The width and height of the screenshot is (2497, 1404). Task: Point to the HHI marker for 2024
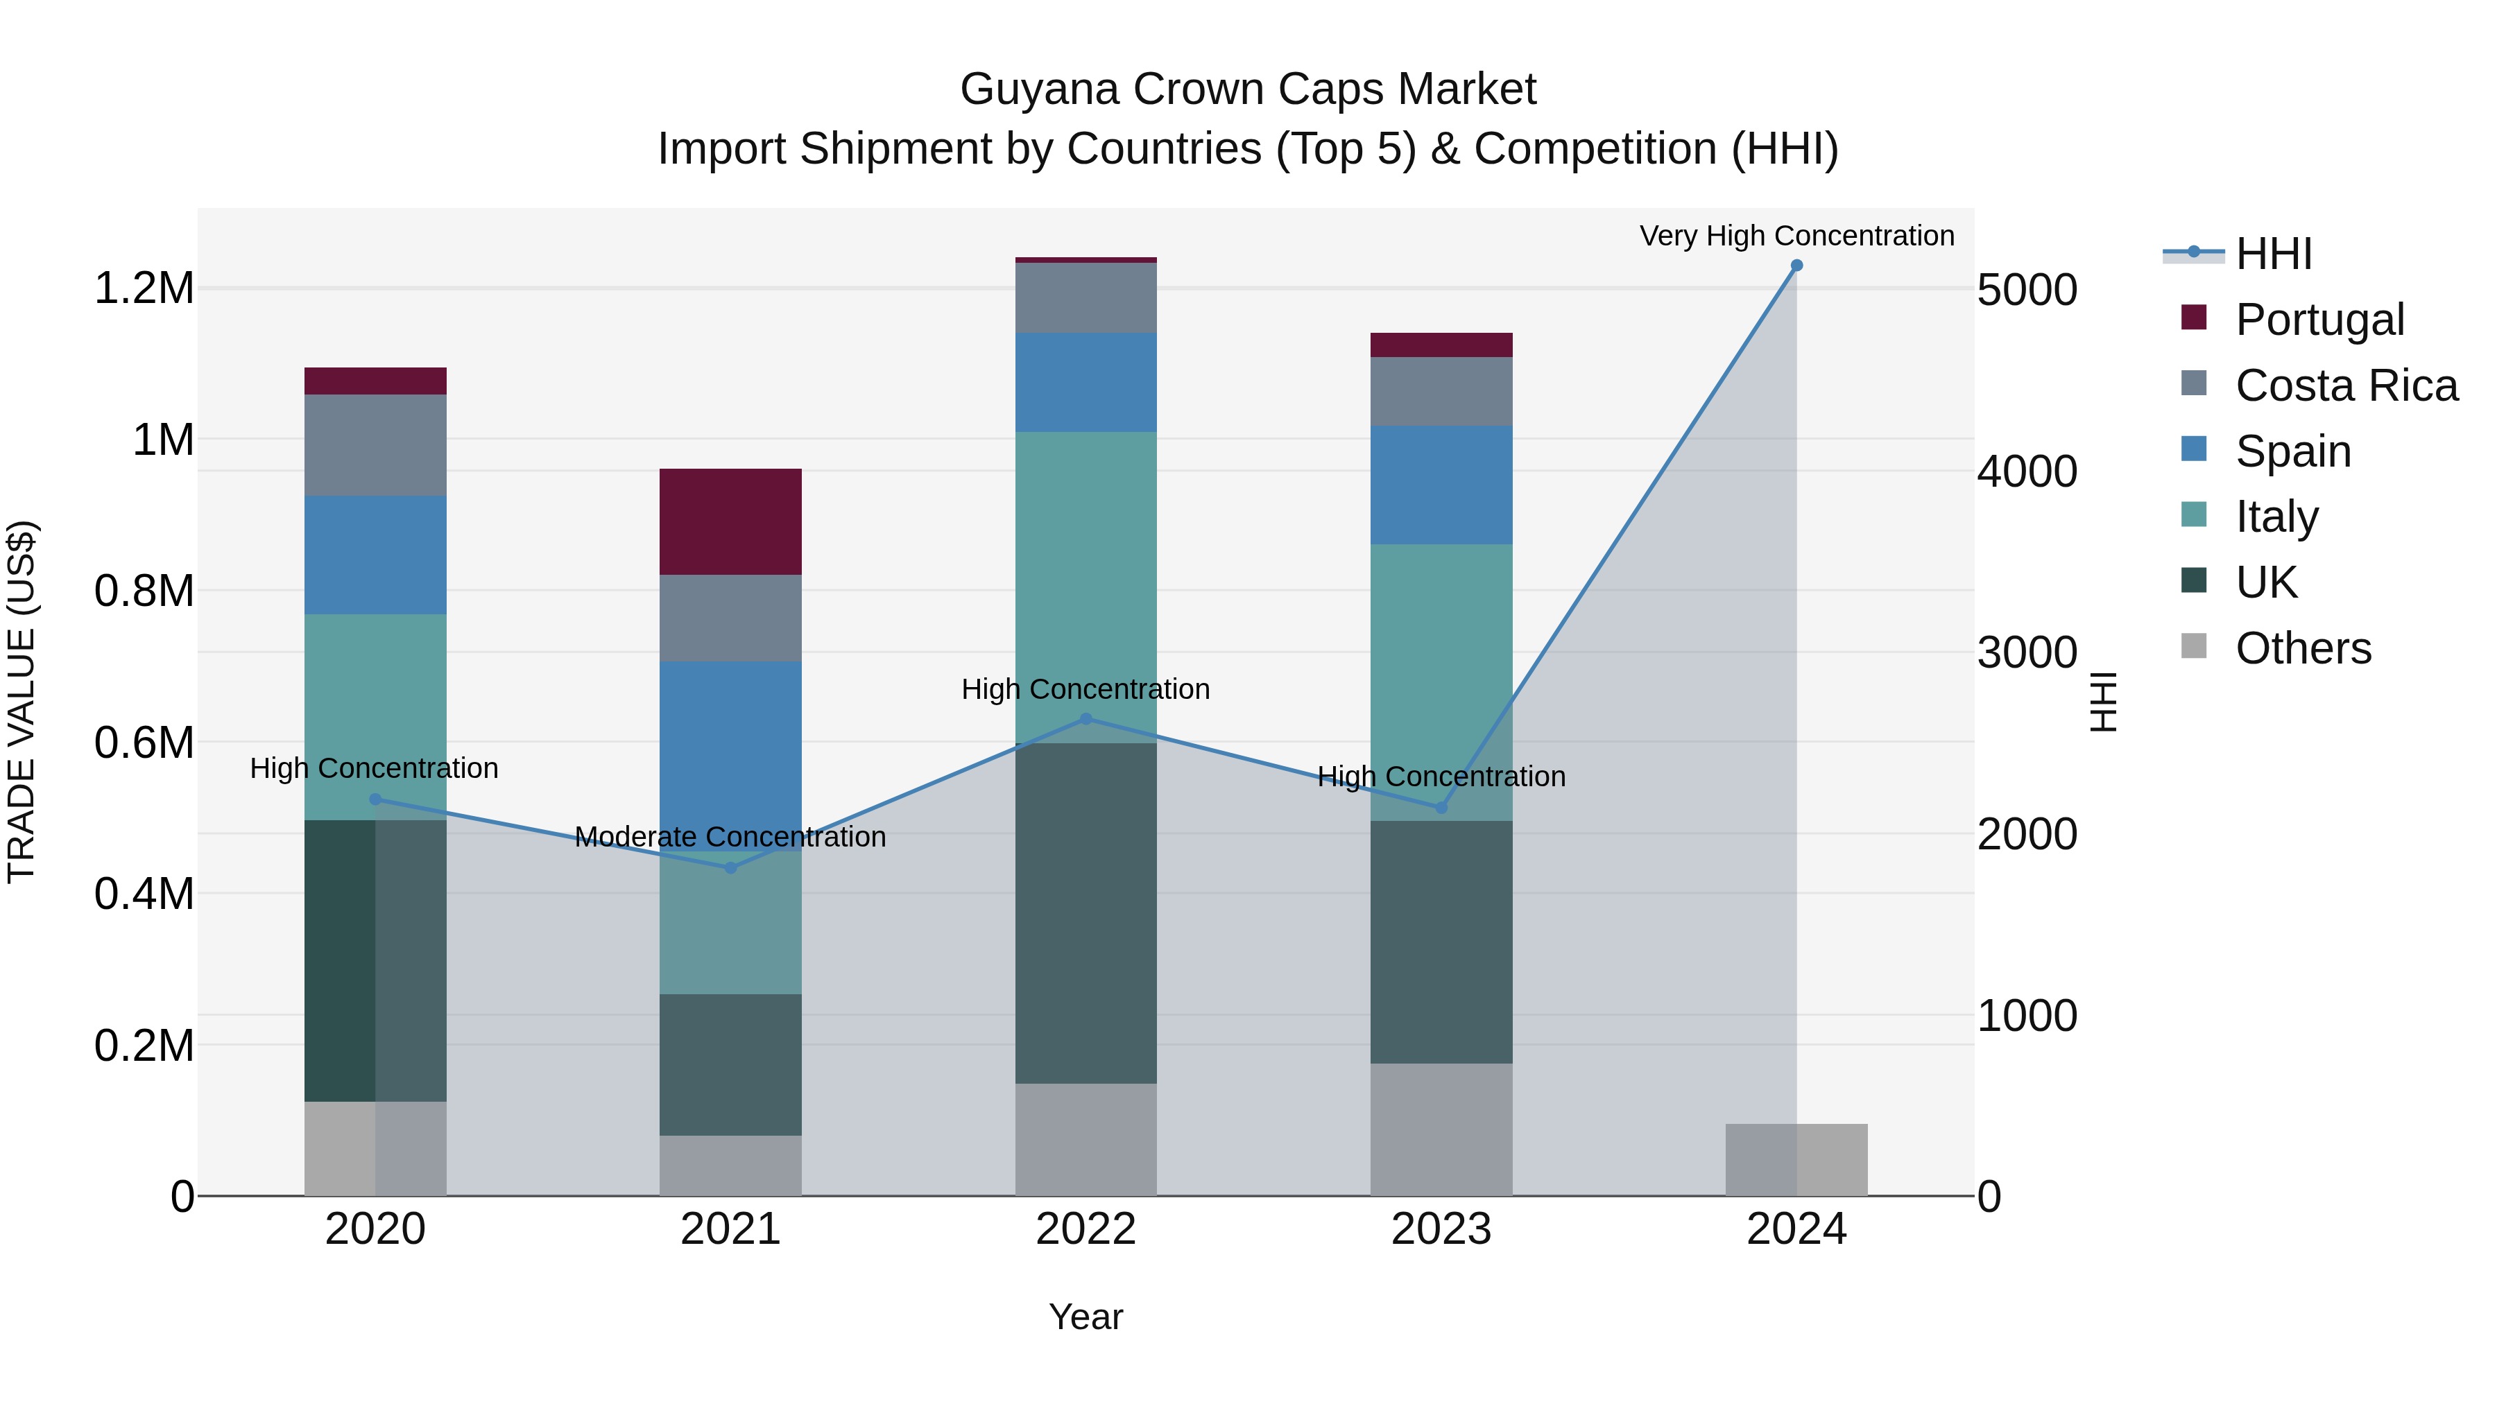(1796, 266)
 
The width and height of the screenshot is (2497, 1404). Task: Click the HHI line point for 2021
(731, 867)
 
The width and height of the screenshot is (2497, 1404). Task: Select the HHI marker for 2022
(1086, 719)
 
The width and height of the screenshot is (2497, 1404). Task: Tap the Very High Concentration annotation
(1796, 236)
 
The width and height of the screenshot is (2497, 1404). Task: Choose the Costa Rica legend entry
(2346, 385)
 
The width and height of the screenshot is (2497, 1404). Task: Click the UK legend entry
(2266, 582)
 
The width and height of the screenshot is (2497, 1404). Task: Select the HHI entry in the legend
(2273, 254)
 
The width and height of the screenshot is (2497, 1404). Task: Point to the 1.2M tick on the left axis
(144, 288)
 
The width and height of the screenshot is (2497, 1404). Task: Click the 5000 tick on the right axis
(2027, 290)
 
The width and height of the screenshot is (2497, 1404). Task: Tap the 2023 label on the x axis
(1441, 1229)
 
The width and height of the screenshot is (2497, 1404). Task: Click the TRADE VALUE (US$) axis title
(22, 702)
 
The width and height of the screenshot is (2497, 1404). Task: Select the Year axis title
(1086, 1317)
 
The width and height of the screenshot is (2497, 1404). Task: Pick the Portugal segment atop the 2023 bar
(1441, 345)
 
